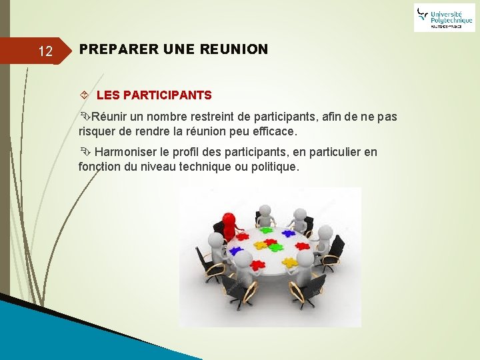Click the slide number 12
pos(45,51)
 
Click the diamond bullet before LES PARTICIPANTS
pos(83,95)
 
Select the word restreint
pos(204,117)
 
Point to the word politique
pos(273,167)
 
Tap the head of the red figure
pos(228,218)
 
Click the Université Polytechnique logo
pos(443,17)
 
